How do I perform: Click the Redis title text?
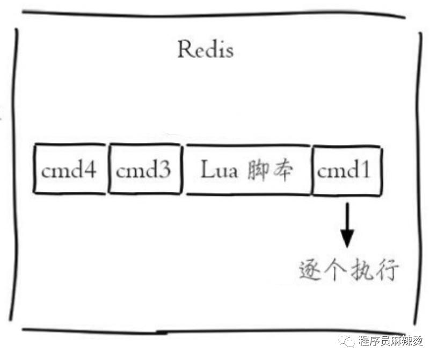pos(206,49)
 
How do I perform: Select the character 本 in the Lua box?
pos(283,170)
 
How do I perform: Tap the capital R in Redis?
pos(185,49)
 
